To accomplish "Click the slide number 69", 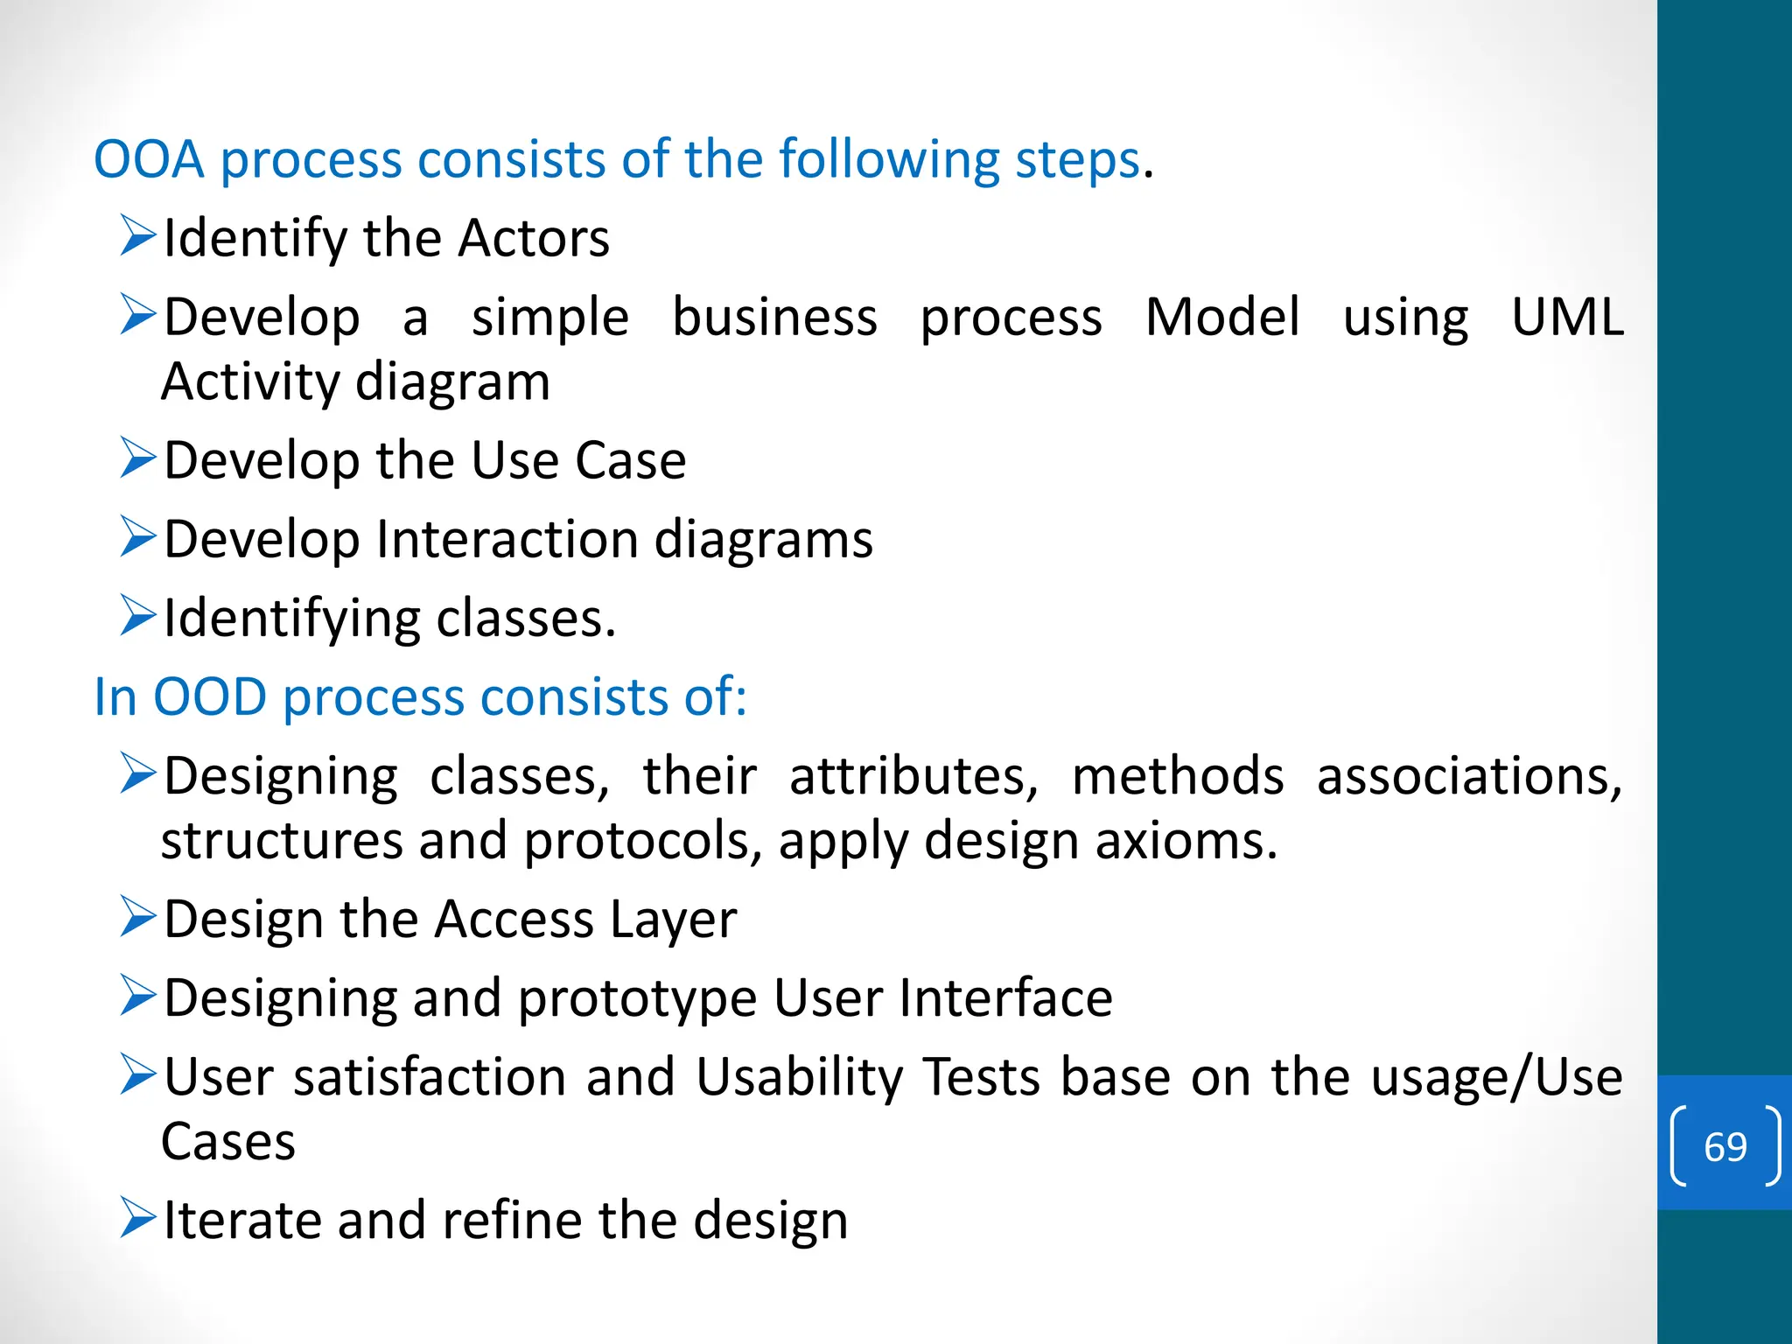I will (1725, 1146).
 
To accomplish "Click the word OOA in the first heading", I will (149, 160).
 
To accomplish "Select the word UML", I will (1566, 317).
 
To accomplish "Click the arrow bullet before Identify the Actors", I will (138, 235).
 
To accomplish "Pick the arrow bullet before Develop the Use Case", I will (138, 458).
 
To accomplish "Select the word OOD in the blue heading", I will (209, 697).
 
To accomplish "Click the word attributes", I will (913, 776).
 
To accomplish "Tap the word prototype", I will (637, 999).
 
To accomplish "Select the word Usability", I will (799, 1077).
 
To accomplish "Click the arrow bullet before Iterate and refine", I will (138, 1217).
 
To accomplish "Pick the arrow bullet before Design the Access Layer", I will (138, 916).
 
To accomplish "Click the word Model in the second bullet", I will (1221, 317).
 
